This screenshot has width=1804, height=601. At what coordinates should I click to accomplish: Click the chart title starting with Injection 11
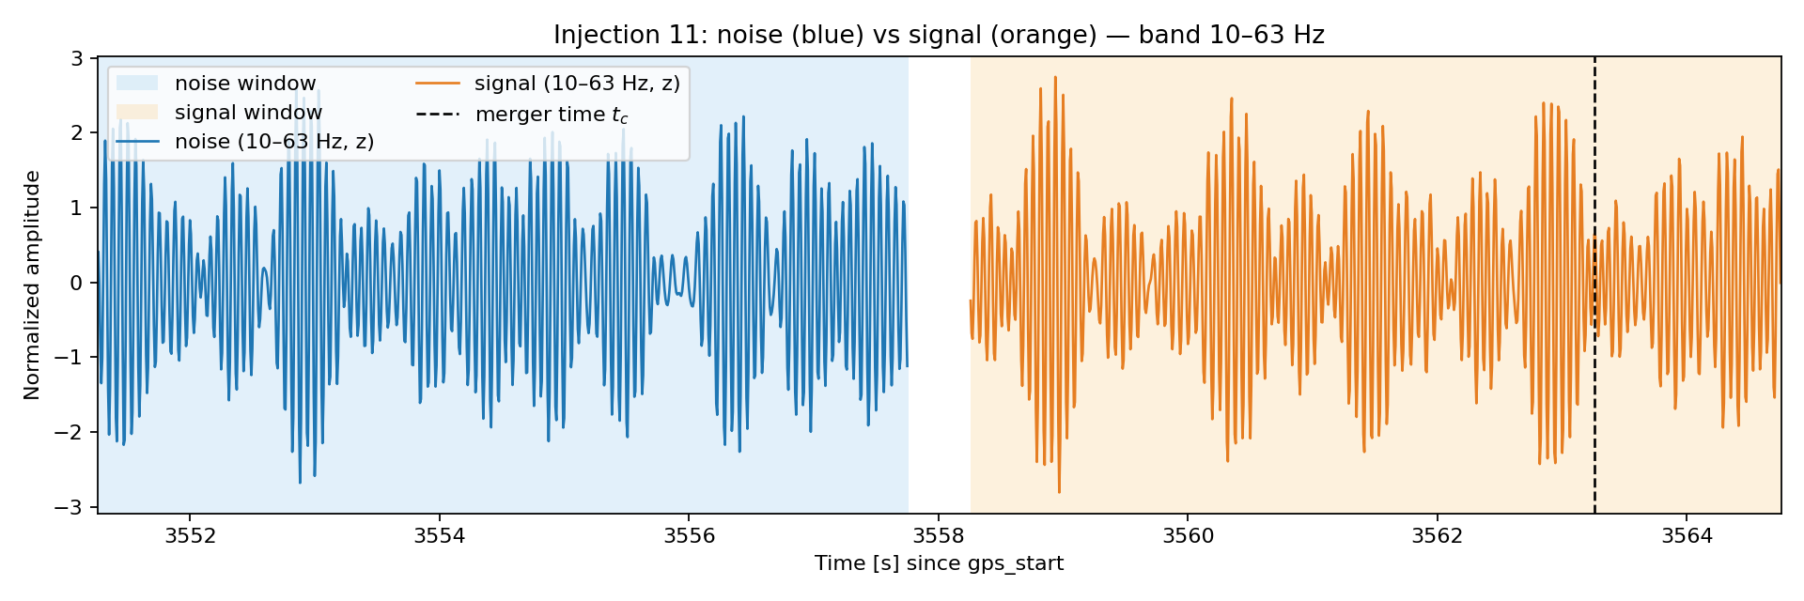pos(939,35)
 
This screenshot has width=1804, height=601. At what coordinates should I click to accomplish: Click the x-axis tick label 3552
pos(190,536)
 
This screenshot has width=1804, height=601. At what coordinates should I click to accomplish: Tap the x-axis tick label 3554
pos(440,536)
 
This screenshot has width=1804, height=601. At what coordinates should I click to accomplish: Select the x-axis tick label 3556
pos(689,536)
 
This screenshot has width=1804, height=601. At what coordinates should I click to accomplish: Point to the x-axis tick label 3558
pos(939,536)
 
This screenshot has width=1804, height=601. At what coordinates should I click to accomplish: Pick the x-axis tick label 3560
pos(1188,536)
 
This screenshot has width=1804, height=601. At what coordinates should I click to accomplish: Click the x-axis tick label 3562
pos(1438,536)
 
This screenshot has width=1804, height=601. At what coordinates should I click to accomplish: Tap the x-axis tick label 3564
pos(1687,536)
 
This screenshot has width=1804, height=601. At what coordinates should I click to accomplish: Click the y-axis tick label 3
pos(78,58)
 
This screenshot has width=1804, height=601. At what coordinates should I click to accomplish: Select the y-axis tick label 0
pos(78,283)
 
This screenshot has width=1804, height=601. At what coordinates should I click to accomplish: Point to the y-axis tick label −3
pos(70,507)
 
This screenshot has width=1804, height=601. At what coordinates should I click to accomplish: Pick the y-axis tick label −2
pos(70,432)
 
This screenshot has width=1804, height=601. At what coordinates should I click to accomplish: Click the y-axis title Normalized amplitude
pos(33,285)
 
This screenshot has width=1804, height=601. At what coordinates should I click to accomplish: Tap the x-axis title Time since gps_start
pos(939,563)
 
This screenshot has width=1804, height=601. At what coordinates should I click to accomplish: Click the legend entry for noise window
pos(216,84)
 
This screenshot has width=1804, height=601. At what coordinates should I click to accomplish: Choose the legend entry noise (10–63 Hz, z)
pos(245,142)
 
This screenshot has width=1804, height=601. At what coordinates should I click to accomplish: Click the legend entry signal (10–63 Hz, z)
pos(548,84)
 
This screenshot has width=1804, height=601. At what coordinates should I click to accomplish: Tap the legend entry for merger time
pos(522,115)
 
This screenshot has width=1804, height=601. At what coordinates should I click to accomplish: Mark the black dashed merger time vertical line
pos(1594,285)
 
